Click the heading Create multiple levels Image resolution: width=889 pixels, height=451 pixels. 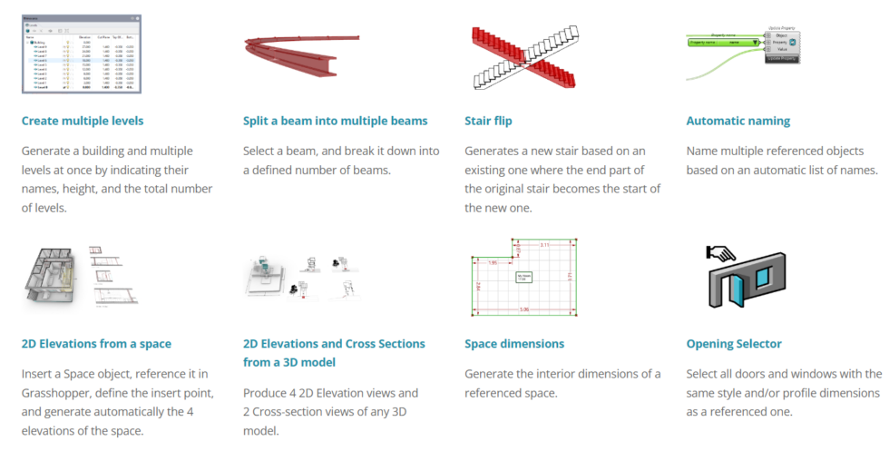tap(83, 121)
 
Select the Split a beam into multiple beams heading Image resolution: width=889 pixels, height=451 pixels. tap(335, 121)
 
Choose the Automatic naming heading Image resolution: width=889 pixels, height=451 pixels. tap(738, 121)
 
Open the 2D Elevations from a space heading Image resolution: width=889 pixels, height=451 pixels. tap(96, 344)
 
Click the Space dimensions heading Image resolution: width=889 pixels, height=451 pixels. tap(514, 344)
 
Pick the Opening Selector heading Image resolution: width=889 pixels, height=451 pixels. tap(734, 344)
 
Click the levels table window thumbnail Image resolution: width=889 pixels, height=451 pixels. tap(82, 54)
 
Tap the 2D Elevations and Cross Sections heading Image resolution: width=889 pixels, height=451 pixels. tap(334, 352)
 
